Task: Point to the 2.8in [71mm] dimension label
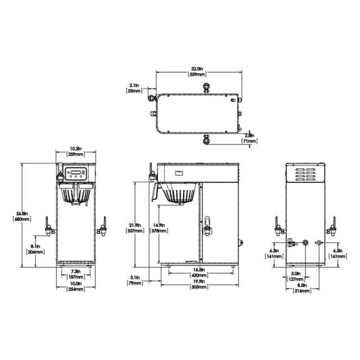pyautogui.click(x=249, y=138)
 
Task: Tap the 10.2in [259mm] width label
pyautogui.click(x=76, y=151)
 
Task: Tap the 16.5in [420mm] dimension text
pyautogui.click(x=198, y=273)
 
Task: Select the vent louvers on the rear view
pyautogui.click(x=304, y=174)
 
